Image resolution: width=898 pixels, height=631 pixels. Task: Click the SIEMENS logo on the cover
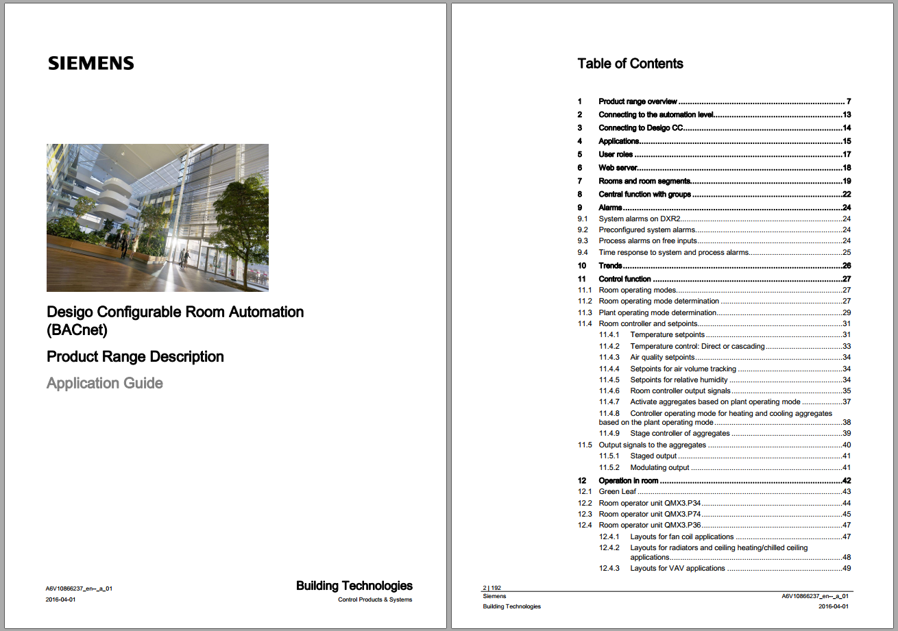pos(91,64)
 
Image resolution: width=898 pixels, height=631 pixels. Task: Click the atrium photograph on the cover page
pos(158,217)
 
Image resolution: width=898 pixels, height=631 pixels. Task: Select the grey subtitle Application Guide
pos(105,383)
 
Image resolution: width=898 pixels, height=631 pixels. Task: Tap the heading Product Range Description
pos(135,357)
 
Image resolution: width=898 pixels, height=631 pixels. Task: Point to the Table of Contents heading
pos(630,64)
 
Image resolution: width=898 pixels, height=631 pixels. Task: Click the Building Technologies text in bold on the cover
pos(354,586)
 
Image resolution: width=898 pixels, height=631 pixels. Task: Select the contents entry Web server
pos(618,168)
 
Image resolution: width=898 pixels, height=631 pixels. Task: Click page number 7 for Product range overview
pos(848,102)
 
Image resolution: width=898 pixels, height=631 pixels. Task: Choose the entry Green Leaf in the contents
pos(618,492)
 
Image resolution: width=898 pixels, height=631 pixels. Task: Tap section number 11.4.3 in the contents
pos(609,358)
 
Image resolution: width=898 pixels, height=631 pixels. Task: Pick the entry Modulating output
pos(659,468)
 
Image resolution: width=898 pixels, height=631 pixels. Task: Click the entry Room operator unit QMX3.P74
pos(649,515)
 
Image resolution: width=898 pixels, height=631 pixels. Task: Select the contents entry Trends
pos(610,266)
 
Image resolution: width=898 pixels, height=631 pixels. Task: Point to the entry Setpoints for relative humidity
pos(679,380)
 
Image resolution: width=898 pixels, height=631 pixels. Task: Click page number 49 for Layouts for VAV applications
pos(846,569)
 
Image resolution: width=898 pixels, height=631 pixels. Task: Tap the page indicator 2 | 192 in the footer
pos(492,588)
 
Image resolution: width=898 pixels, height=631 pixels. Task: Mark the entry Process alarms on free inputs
pos(648,241)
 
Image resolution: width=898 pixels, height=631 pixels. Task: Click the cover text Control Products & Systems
pos(375,600)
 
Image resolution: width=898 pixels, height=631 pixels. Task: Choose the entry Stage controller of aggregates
pos(679,434)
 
